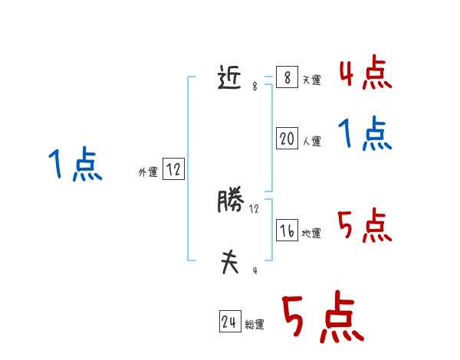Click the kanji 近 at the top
tap(230, 77)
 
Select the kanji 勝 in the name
tap(230, 201)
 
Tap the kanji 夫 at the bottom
tap(230, 263)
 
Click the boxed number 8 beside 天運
tap(287, 78)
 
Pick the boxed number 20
tap(287, 139)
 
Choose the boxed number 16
tap(287, 231)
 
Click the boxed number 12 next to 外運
tap(173, 170)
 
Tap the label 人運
tap(311, 142)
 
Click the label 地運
tap(311, 234)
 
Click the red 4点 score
tap(365, 73)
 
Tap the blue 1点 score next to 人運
tap(365, 135)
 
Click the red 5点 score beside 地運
tap(365, 226)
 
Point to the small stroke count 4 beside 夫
tap(255, 270)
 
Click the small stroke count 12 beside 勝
tap(255, 208)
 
